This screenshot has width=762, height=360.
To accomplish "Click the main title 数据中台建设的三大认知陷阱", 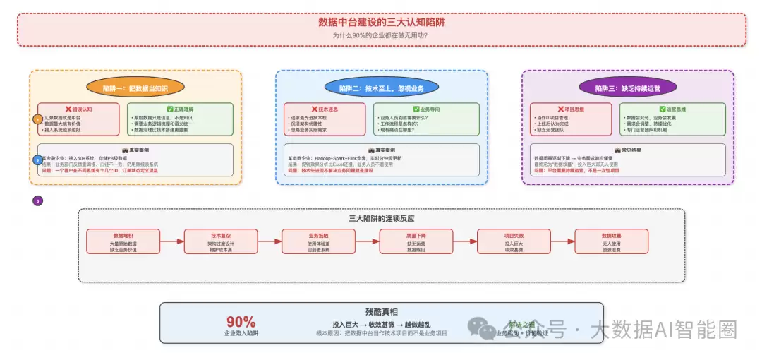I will coord(381,22).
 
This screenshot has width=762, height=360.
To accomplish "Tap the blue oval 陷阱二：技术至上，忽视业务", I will coord(381,88).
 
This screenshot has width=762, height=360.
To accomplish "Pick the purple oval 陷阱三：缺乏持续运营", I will coord(627,88).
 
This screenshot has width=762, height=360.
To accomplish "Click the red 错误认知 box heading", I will coord(79,109).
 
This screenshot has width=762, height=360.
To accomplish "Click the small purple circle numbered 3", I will coord(38,200).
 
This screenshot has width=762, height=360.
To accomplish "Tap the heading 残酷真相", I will coord(381,311).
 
